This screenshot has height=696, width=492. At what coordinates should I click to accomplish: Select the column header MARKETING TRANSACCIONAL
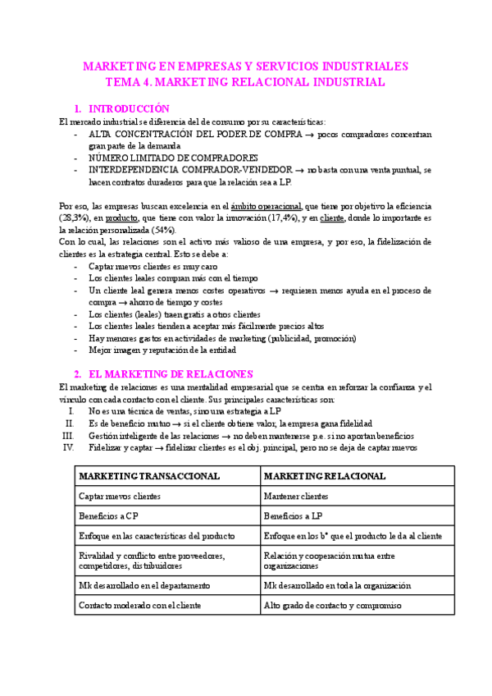click(x=148, y=476)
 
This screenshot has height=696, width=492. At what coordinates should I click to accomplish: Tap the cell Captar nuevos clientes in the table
click(x=120, y=497)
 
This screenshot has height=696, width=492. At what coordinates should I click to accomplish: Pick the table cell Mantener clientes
click(x=296, y=497)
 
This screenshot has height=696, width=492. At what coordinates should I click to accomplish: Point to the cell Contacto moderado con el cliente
click(x=141, y=606)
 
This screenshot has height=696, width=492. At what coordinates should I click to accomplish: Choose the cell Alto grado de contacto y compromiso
click(x=333, y=606)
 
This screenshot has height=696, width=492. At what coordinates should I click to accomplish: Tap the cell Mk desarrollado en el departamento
click(x=144, y=585)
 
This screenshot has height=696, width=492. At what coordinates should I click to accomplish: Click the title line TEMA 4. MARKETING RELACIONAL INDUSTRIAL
click(x=246, y=82)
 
